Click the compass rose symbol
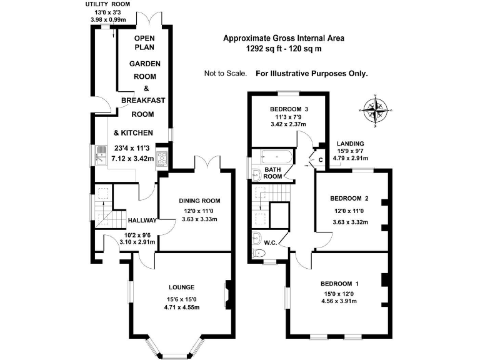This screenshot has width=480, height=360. tap(375, 110)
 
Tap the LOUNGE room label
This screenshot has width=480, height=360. tap(181, 287)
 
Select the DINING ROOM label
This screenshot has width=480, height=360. tap(199, 201)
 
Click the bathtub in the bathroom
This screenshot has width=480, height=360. tap(277, 157)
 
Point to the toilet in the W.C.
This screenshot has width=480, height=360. tap(259, 253)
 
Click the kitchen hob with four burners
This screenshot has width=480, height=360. tap(162, 158)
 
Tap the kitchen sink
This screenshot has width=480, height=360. tap(101, 155)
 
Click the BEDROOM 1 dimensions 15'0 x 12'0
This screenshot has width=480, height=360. tap(339, 294)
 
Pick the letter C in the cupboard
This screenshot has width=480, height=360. tap(321, 160)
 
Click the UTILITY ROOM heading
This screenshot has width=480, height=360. tap(107, 4)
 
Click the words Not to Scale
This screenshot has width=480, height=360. tap(225, 74)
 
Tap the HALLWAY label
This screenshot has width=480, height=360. tap(142, 221)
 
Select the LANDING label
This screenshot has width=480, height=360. tap(350, 144)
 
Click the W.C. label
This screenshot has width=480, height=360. tap(270, 243)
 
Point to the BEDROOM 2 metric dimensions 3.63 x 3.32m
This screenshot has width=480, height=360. tap(350, 222)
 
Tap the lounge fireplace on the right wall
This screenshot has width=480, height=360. tap(228, 294)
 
